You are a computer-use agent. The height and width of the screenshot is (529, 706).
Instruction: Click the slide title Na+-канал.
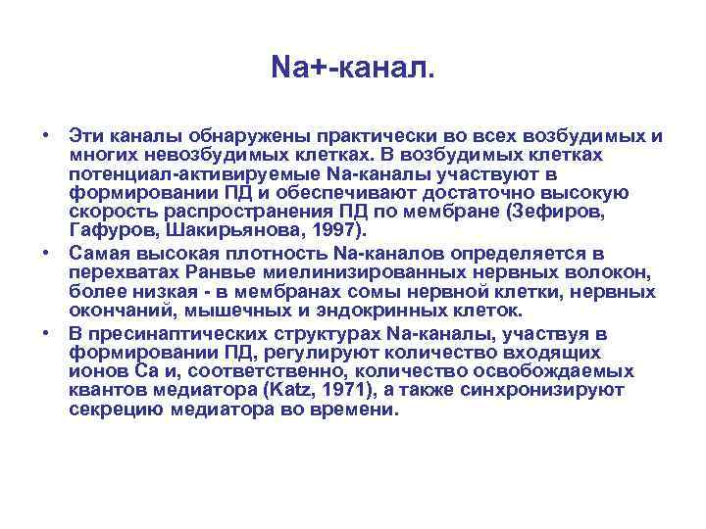point(352,68)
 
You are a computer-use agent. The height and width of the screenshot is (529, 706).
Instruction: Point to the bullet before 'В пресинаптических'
point(46,333)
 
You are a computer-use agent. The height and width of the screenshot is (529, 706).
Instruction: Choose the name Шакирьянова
point(221,231)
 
